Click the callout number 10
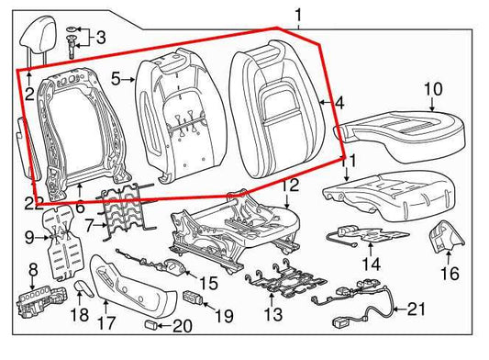pyautogui.click(x=432, y=89)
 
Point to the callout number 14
pyautogui.click(x=370, y=265)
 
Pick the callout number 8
pyautogui.click(x=32, y=268)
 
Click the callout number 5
pyautogui.click(x=117, y=80)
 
